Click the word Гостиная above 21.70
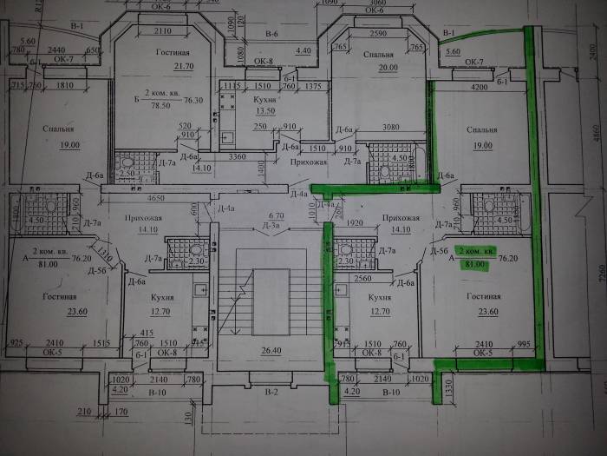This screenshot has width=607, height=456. coord(173,53)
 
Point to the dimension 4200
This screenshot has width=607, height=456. coord(481,88)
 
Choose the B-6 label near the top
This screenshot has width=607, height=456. coord(271,34)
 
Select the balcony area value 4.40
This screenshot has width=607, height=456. coord(303,51)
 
